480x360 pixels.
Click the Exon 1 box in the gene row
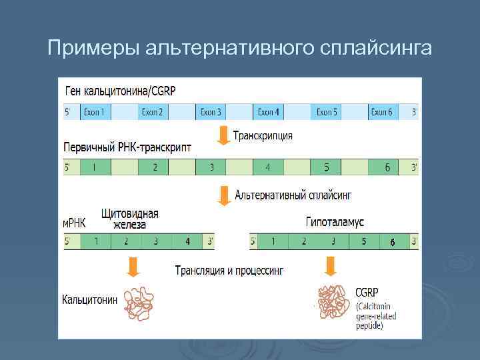[x=94, y=112]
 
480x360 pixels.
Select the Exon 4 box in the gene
[x=269, y=112]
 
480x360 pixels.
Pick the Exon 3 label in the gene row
[x=211, y=112]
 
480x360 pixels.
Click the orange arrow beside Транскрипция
[x=223, y=136]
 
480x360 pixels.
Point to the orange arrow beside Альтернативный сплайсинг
[x=223, y=195]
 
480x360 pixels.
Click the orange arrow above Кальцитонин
[x=134, y=267]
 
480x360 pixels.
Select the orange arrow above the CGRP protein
[x=330, y=267]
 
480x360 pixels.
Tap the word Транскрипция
[x=263, y=135]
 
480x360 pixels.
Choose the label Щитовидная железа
[x=130, y=219]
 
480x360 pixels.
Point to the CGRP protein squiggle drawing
[x=333, y=303]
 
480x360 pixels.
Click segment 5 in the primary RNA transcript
[x=327, y=167]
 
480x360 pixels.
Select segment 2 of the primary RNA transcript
[x=155, y=167]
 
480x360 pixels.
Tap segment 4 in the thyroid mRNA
[x=187, y=241]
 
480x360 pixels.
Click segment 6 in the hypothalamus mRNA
[x=393, y=241]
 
